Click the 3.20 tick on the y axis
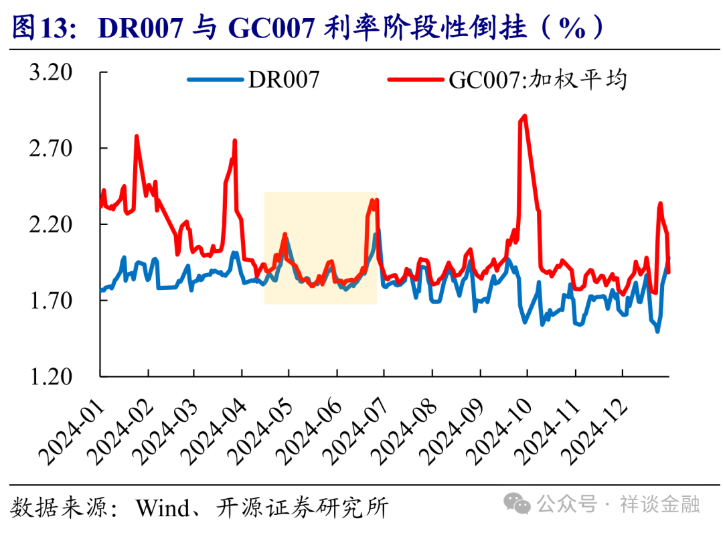50,72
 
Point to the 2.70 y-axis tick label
50,148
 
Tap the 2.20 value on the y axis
50,224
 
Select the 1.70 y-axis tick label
50,300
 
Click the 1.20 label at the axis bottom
50,376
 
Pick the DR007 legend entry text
284,80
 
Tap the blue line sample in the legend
216,80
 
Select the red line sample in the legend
416,80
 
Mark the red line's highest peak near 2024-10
525,116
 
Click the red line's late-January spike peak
137,137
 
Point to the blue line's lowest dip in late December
657,331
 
